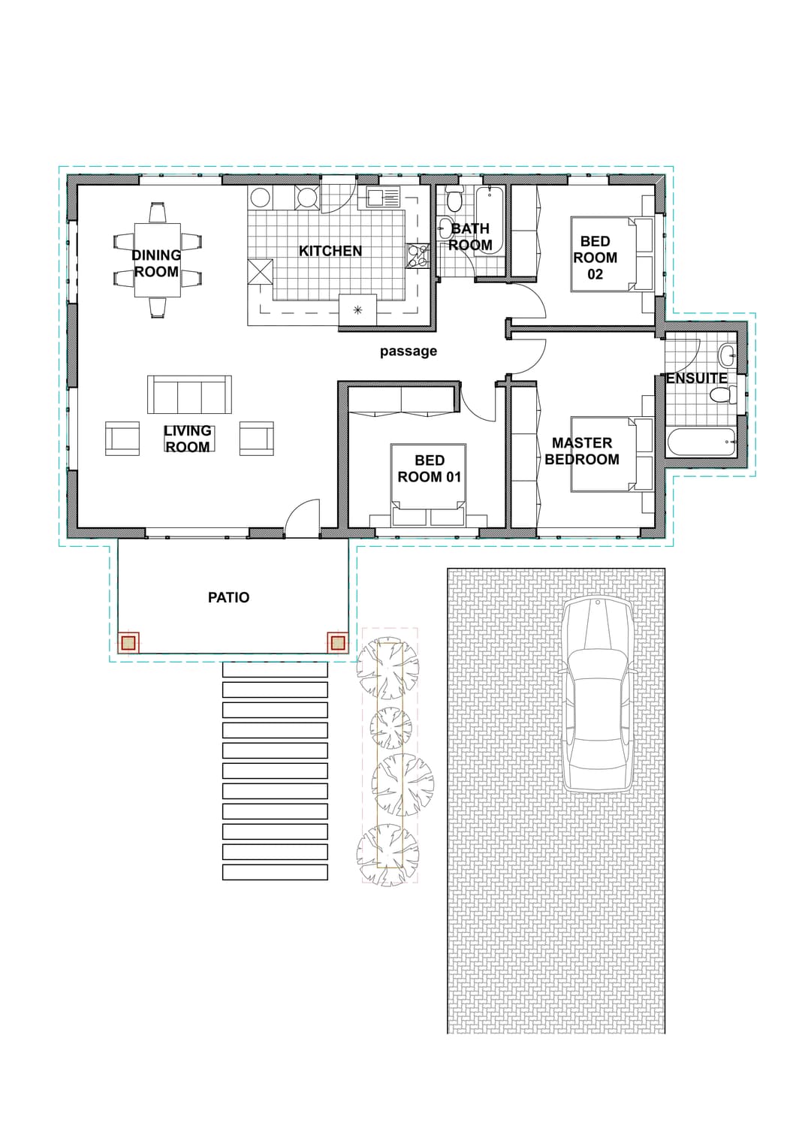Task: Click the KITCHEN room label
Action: tap(330, 251)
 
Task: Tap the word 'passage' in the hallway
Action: tap(408, 352)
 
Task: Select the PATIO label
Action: tap(228, 598)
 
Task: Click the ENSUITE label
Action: tap(697, 379)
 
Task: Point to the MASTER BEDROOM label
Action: tap(582, 451)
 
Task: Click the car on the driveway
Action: tap(598, 696)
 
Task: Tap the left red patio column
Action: tap(128, 642)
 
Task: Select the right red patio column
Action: tap(337, 642)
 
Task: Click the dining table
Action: tap(158, 260)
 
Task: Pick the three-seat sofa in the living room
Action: tap(189, 394)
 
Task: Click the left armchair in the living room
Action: tap(122, 439)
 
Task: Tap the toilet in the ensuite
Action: tap(723, 394)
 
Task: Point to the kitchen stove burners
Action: tap(417, 255)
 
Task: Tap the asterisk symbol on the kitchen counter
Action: tap(358, 309)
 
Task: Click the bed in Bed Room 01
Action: tap(428, 485)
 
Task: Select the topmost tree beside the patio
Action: tap(387, 668)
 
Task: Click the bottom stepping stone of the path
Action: tap(275, 873)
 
